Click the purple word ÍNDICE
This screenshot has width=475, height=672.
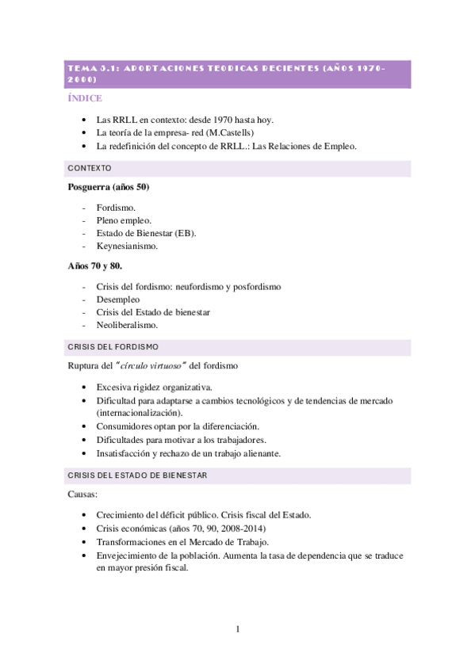[x=86, y=98]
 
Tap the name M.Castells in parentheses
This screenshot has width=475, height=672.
[x=228, y=133]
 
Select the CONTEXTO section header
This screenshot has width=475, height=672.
[x=90, y=169]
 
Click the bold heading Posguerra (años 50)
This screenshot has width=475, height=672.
[x=109, y=187]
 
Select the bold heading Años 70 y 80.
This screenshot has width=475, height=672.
[x=94, y=266]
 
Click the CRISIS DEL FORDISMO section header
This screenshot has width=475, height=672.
[x=113, y=347]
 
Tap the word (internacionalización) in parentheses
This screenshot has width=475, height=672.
[x=139, y=413]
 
